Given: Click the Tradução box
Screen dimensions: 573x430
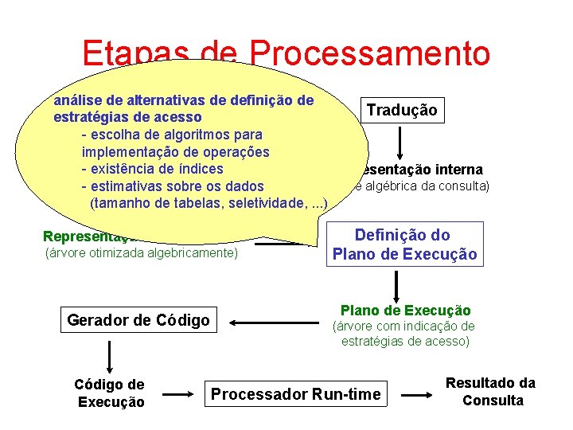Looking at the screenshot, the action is click(401, 110).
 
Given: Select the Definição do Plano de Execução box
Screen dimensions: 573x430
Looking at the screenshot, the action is click(404, 244).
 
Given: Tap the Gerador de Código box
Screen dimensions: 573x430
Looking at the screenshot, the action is click(138, 320).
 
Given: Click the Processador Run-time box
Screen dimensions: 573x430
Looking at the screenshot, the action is click(295, 393).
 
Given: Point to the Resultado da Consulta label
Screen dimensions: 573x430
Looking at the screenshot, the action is click(491, 392).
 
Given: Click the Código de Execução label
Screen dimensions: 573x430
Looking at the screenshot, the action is click(110, 393).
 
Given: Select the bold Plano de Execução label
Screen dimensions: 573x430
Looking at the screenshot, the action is click(405, 311).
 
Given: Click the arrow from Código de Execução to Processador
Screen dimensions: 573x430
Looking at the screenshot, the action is click(177, 393).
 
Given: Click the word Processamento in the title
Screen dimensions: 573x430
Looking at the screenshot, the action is click(369, 53).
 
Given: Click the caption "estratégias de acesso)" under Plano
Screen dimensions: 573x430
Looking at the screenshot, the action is click(406, 342).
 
